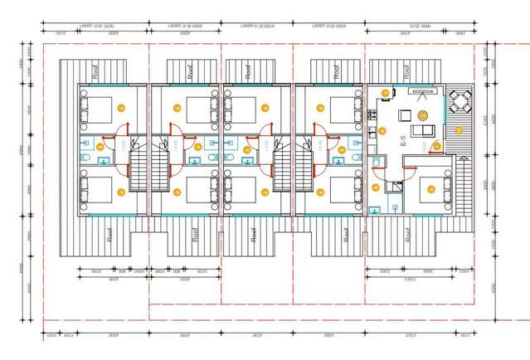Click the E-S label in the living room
click(403, 142)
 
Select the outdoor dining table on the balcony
click(459, 104)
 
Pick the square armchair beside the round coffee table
click(406, 115)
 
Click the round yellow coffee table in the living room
click(422, 115)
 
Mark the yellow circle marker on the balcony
click(458, 130)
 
